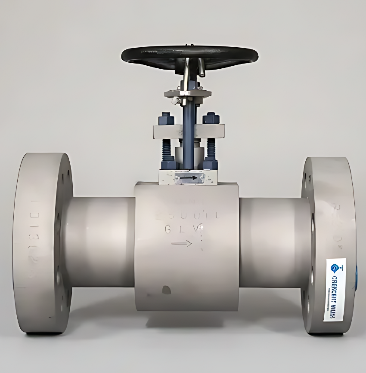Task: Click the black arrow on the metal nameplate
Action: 189,177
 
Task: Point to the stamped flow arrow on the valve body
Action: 181,244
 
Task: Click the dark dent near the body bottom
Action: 166,290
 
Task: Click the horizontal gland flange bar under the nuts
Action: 189,131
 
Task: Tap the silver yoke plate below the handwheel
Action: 188,93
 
